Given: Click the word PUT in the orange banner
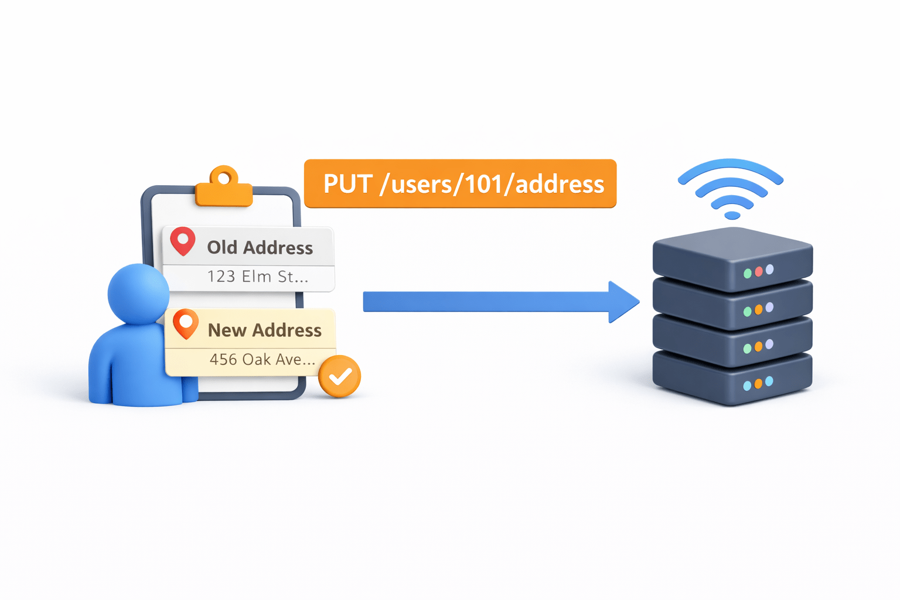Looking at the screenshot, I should click(x=348, y=184).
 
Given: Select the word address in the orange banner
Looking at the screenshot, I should click(x=560, y=184).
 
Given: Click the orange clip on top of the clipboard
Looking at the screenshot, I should click(x=224, y=187).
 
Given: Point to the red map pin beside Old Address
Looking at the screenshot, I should click(x=183, y=240).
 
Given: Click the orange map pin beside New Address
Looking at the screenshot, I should click(x=186, y=323).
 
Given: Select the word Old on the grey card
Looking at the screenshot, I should click(x=222, y=247).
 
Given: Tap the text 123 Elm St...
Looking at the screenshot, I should click(x=257, y=276).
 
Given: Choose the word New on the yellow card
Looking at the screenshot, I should click(x=227, y=330).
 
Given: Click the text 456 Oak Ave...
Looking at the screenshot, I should click(x=262, y=359).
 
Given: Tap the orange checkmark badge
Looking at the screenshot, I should click(x=339, y=377).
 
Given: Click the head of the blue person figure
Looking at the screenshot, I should click(x=138, y=294).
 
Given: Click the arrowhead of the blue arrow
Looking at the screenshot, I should click(x=622, y=302).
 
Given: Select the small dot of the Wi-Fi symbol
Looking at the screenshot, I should click(x=732, y=216).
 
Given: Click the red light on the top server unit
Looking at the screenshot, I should click(x=759, y=271).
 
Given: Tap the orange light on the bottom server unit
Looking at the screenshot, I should click(x=758, y=384).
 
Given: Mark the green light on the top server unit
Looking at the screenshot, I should click(x=748, y=274).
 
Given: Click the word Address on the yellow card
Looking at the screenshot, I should click(x=287, y=330).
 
